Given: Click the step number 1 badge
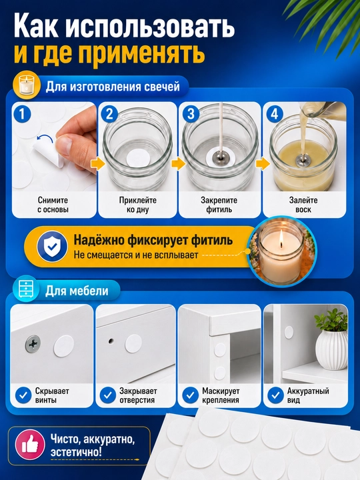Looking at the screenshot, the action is (23, 114).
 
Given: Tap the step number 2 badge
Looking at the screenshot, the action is (109, 114).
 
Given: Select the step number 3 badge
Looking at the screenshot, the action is (191, 114).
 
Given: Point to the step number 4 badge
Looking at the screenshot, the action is (275, 114).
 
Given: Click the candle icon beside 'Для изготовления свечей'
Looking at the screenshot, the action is (27, 87).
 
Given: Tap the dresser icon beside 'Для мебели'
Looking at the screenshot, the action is (26, 289).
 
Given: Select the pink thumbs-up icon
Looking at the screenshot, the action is (30, 444).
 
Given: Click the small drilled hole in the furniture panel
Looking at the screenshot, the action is (111, 340).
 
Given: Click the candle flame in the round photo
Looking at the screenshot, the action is (281, 238).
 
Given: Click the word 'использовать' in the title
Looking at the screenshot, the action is (150, 27).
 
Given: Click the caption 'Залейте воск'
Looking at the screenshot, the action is (303, 205).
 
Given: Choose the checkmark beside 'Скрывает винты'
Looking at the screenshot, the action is (23, 395).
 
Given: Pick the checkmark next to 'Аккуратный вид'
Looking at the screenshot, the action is (275, 395).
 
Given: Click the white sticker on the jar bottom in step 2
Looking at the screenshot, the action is (139, 159).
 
